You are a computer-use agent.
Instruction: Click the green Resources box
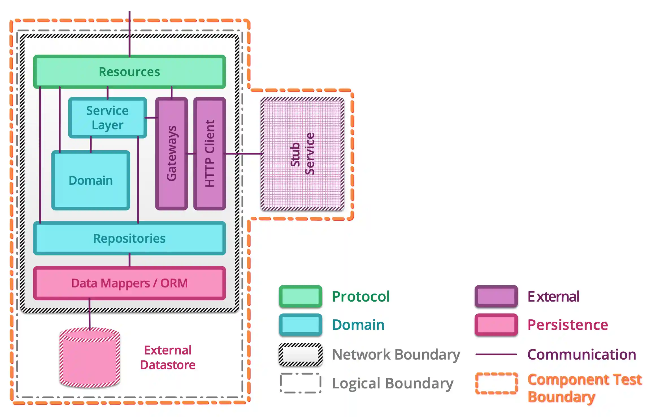(x=129, y=72)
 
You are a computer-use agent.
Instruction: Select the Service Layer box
(x=107, y=118)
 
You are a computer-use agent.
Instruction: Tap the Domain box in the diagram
(x=91, y=180)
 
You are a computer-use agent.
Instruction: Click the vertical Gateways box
(x=171, y=154)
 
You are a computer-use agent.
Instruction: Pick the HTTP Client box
(x=209, y=154)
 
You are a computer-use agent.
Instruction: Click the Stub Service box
(x=302, y=154)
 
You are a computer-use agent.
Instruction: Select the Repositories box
(x=129, y=238)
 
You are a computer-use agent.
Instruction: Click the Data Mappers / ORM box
(x=129, y=283)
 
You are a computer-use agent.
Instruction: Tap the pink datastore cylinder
(x=90, y=359)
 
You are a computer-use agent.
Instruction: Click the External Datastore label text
(x=168, y=358)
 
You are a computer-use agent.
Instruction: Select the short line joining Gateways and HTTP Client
(x=191, y=154)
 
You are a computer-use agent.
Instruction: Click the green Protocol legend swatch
(x=300, y=296)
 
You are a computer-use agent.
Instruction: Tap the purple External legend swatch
(x=496, y=296)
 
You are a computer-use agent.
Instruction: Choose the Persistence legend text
(x=567, y=325)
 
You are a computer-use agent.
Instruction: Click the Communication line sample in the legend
(x=496, y=354)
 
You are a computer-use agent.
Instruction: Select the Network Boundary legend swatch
(x=300, y=354)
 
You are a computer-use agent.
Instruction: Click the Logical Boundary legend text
(x=392, y=383)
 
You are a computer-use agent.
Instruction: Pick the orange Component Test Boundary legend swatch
(x=496, y=383)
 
